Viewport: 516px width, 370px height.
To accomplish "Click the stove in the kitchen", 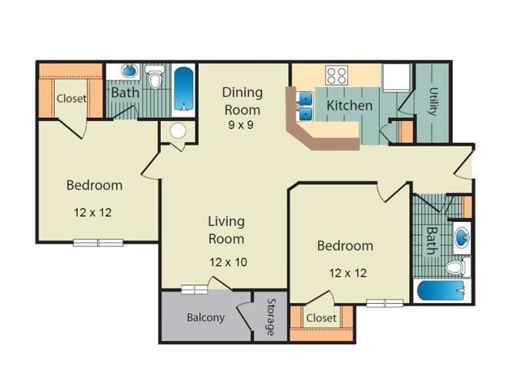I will (336, 75).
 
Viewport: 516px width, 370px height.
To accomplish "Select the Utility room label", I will (432, 101).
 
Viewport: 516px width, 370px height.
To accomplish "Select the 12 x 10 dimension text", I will (228, 262).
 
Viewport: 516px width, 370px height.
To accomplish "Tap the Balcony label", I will (206, 318).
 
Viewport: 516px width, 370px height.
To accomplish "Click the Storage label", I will (271, 317).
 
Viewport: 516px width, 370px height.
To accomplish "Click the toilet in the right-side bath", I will (457, 267).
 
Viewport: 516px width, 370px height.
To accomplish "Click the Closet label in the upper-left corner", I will (71, 99).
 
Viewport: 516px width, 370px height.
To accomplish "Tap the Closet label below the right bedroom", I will (321, 318).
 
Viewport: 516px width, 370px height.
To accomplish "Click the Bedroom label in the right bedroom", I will (345, 246).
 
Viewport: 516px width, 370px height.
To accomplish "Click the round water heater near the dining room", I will (179, 131).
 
